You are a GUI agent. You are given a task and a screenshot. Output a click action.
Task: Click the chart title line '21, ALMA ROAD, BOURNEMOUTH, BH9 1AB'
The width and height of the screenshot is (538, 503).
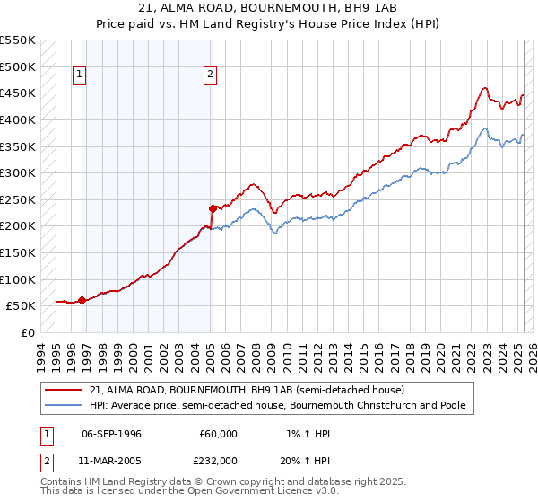click(268, 8)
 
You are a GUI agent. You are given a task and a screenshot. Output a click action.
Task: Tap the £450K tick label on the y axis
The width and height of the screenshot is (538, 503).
click(18, 93)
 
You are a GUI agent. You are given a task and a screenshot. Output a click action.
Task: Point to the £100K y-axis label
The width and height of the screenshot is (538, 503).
click(18, 279)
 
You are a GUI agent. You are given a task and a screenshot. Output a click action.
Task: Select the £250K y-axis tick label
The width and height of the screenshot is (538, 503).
click(18, 199)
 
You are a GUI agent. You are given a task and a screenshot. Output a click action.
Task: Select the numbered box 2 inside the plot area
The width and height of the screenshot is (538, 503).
click(210, 75)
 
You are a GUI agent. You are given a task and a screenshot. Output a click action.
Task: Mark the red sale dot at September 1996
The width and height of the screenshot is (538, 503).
click(82, 301)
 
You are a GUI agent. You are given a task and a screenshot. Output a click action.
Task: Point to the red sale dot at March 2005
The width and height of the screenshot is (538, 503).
click(212, 208)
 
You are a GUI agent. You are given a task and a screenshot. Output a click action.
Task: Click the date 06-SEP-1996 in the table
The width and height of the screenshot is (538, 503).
click(111, 434)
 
